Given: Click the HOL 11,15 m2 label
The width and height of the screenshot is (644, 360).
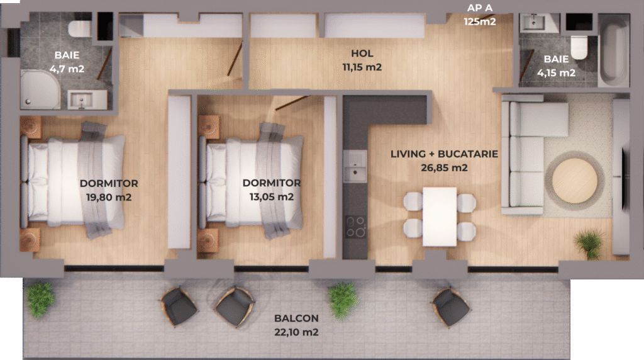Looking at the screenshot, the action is (362, 60).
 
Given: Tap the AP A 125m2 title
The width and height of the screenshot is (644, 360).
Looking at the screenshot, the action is (480, 15).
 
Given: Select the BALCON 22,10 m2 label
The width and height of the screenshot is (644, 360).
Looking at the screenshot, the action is (297, 325).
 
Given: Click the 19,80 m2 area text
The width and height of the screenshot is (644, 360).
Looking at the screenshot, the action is (109, 197).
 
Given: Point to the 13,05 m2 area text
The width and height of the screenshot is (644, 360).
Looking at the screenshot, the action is (272, 197).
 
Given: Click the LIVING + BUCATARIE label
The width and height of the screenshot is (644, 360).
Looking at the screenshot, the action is (444, 154).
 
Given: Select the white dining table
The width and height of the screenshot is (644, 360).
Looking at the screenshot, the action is (440, 217).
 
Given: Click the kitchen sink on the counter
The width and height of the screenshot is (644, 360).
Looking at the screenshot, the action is (355, 166).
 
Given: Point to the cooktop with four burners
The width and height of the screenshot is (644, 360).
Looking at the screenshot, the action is (356, 227).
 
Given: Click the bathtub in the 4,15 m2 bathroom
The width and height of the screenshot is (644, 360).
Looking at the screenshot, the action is (614, 50).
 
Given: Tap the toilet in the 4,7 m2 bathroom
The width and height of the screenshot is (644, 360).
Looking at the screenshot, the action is (80, 29).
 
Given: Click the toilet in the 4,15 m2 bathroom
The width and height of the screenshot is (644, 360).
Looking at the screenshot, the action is (579, 47).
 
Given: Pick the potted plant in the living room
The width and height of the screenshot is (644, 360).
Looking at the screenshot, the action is (590, 244).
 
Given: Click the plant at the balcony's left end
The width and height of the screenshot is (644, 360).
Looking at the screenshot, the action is (40, 299).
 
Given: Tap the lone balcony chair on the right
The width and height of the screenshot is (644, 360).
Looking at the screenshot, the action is (451, 307).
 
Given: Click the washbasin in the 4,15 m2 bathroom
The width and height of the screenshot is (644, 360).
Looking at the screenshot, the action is (534, 23).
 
